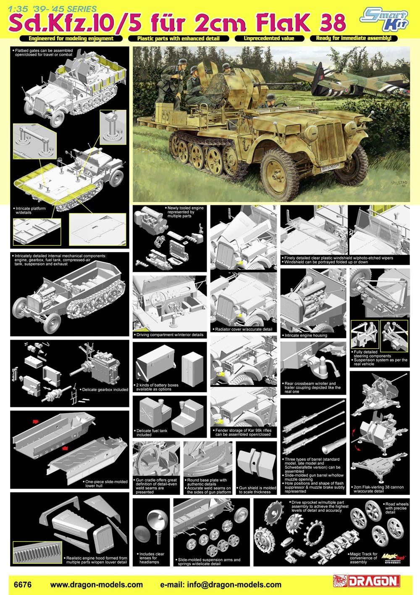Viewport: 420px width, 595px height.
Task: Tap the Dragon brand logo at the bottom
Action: (x=365, y=582)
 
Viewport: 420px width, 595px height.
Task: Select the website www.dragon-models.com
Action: (x=96, y=584)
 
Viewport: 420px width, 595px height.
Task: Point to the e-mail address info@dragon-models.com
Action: (x=221, y=584)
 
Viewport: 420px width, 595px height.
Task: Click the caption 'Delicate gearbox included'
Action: (x=105, y=390)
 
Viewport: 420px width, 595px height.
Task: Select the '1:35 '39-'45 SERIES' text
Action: (x=48, y=8)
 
